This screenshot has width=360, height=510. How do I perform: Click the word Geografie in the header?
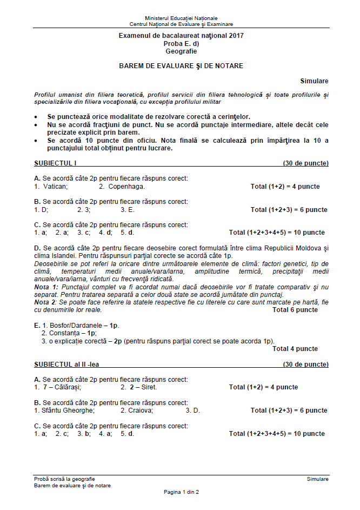181,51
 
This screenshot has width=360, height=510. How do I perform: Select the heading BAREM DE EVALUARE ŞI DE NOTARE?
181,66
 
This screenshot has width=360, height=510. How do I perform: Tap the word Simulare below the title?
315,81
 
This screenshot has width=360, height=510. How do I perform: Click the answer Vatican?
55,187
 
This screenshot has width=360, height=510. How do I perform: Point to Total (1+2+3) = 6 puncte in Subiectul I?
289,210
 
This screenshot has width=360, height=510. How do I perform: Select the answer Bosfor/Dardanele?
74,326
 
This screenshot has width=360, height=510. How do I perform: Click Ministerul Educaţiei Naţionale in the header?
181,18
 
